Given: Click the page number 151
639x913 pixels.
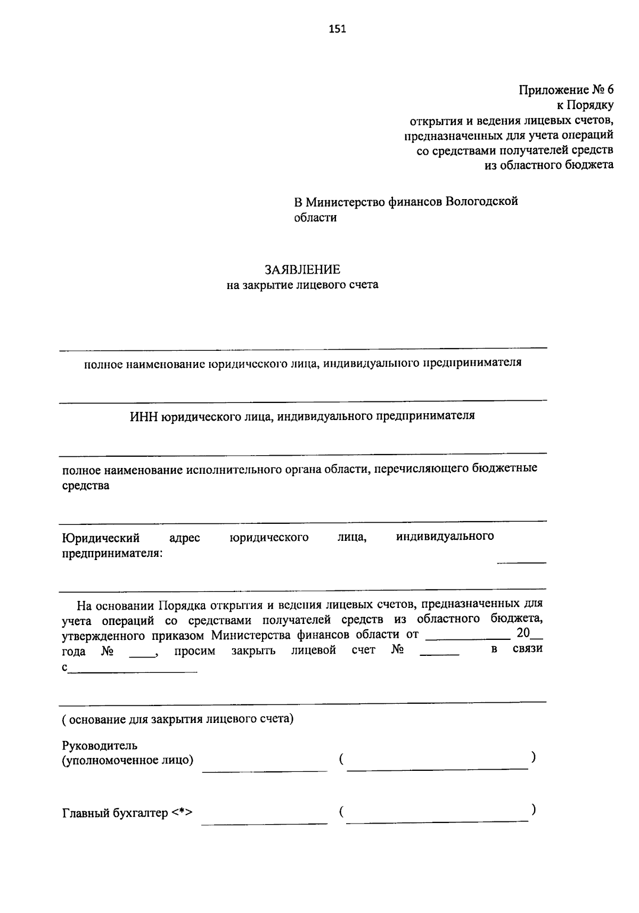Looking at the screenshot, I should point(337,29).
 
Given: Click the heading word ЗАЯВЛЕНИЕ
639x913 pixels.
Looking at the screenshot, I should point(302,270).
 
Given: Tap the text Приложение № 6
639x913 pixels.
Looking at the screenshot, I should point(566,90).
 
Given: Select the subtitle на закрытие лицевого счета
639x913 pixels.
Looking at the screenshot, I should point(302,285).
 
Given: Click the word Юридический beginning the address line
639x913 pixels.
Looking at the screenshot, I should point(101,537).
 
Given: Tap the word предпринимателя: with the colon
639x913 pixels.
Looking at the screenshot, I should point(113,554).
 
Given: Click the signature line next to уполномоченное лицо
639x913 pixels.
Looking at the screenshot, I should point(264,770).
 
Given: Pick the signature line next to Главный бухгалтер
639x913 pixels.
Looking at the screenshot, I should point(264,823).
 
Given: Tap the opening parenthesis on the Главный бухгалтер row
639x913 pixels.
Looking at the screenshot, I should point(340,812).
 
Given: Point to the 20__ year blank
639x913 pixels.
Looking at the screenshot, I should point(529,634).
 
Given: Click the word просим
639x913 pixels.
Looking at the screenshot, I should point(195,651).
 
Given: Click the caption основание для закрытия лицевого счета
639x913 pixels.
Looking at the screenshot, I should point(177,720).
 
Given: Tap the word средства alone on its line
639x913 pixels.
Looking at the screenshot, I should point(86,486).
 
